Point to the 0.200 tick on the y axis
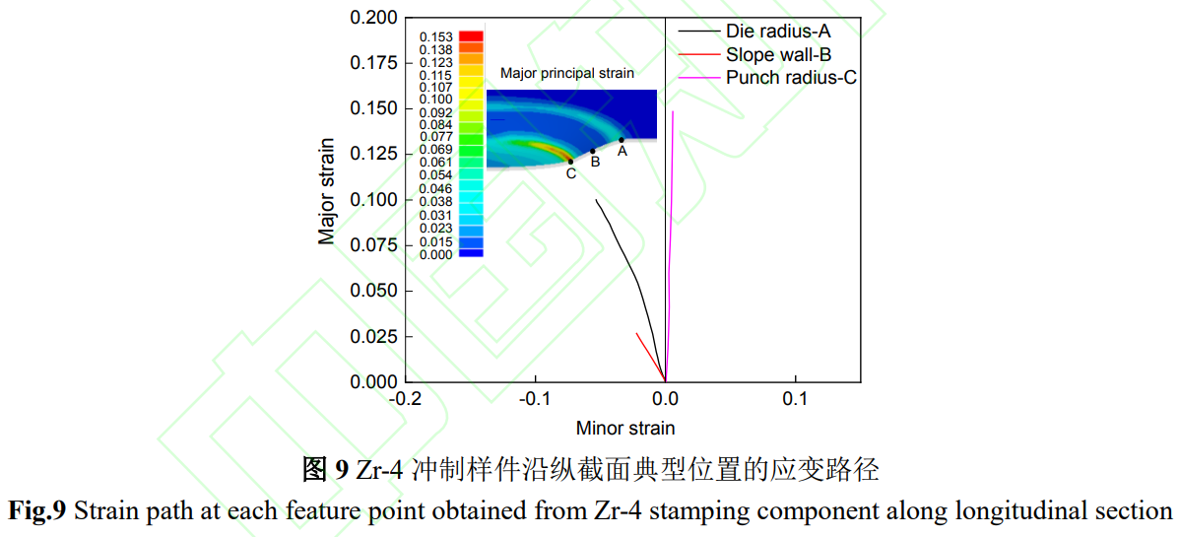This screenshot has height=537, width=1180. pos(374,18)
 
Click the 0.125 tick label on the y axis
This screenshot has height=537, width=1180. pos(374,155)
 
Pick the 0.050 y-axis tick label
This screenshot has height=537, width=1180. pos(374,292)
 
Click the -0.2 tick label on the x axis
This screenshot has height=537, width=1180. pos(406,400)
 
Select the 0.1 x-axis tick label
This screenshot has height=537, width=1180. pos(795,400)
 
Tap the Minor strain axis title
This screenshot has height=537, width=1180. pos(625,428)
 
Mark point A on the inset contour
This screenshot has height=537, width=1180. pos(622,140)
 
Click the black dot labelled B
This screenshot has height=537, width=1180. pos(593,152)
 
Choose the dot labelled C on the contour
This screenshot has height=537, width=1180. pos(570,162)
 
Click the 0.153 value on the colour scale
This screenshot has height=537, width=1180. pos(435,37)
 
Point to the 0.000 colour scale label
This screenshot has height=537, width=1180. pos(435,254)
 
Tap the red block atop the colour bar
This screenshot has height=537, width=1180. pos(471,37)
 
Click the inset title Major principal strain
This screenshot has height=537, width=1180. pos(567,73)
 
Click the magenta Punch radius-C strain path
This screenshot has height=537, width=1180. pos(671,246)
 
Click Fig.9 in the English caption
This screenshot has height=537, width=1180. pos(37,511)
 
